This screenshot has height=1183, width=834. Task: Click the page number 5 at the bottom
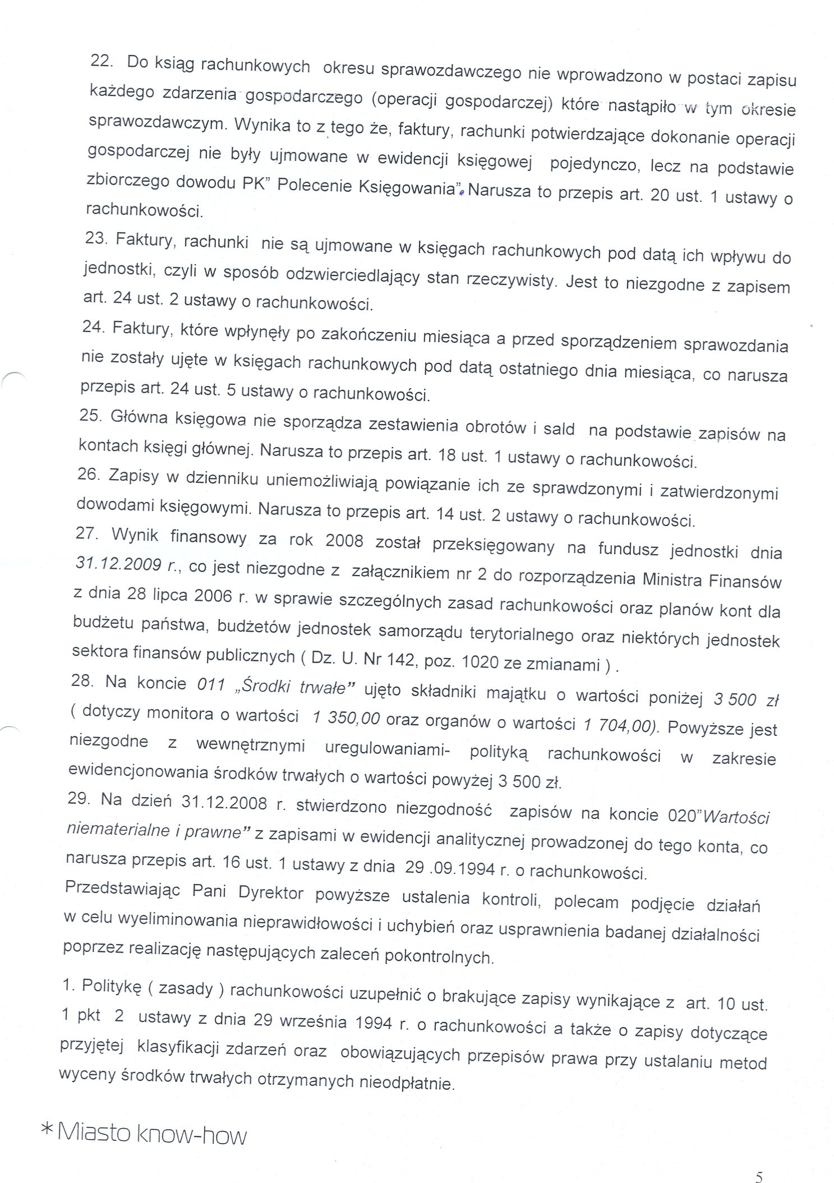(x=759, y=1161)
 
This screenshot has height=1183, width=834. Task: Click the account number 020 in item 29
(x=681, y=814)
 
